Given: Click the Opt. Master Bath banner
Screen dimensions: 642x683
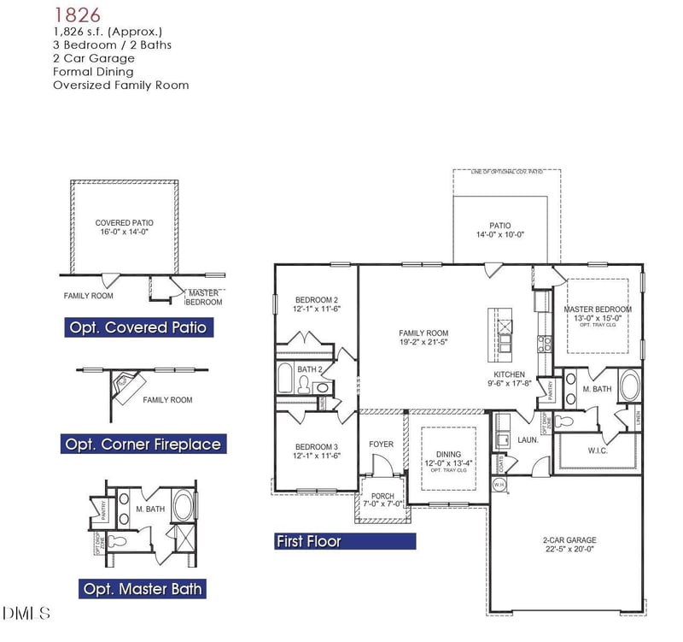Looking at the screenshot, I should [143, 588].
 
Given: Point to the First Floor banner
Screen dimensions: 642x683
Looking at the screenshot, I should [344, 541].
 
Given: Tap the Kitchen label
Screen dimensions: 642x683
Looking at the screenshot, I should [510, 375].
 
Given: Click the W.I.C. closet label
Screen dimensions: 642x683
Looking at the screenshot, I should [598, 451].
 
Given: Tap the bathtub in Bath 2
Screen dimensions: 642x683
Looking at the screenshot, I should [286, 378].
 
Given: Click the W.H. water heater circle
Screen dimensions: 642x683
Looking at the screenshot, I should [499, 484].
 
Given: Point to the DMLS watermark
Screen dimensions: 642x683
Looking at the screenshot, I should [26, 613].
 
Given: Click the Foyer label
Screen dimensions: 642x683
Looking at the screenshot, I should [381, 444].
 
